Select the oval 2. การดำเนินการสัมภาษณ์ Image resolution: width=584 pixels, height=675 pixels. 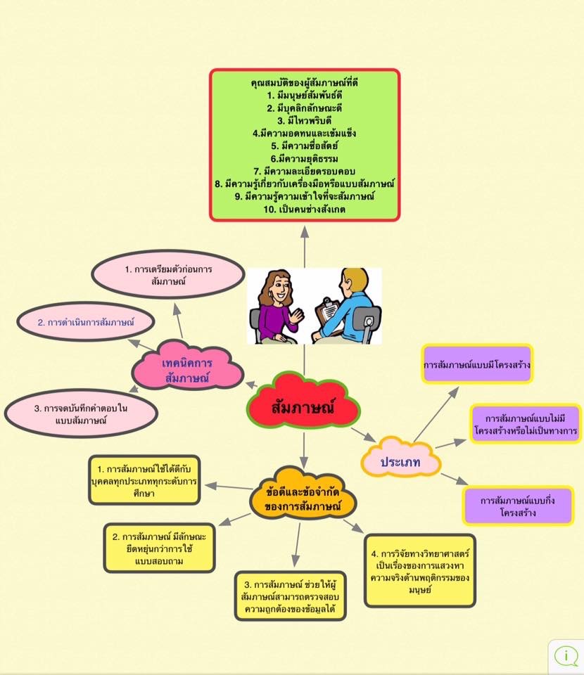pos(86,323)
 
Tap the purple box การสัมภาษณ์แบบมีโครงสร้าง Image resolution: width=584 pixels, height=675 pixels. pos(476,366)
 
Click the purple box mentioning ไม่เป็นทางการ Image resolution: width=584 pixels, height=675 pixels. pos(526,424)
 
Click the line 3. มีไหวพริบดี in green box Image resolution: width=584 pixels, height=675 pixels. pos(305,120)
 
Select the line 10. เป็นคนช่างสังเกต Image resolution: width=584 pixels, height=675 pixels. pos(305,210)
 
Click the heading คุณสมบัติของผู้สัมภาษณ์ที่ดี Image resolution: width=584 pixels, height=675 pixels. pos(305,82)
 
